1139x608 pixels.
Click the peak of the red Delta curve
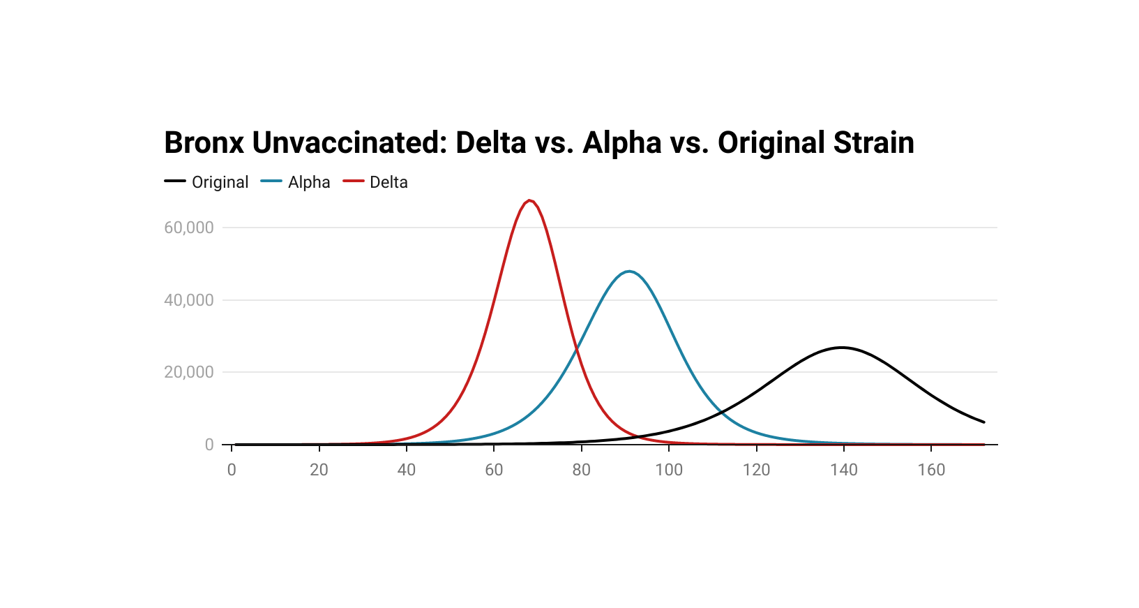coord(531,201)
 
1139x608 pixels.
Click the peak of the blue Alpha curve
coord(630,272)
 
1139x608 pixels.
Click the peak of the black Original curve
coord(842,348)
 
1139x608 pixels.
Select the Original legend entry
coord(220,182)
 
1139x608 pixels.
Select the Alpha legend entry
coord(309,182)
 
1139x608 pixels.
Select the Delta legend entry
coord(389,182)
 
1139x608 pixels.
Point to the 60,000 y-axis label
coord(189,228)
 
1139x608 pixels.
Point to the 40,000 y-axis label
coord(189,300)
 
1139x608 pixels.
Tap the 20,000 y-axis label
coord(189,372)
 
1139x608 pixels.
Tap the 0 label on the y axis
coord(209,445)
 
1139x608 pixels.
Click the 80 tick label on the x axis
coord(581,470)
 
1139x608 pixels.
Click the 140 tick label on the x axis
coord(843,470)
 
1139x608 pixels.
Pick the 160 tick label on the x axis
coord(931,470)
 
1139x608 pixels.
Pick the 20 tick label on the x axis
coord(319,470)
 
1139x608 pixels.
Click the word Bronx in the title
coord(204,143)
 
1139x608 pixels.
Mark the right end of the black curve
coord(983,422)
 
